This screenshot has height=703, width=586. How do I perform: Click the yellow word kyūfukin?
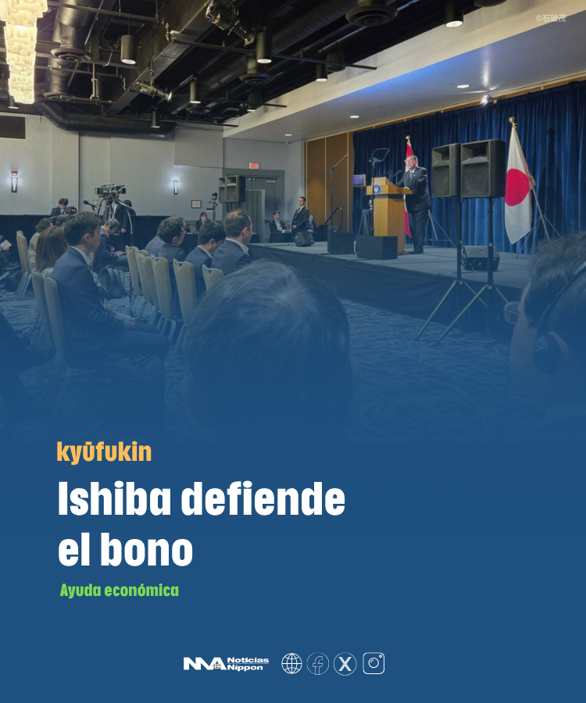(104, 452)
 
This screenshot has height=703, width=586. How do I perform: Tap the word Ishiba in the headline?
(114, 498)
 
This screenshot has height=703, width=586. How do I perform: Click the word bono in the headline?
(146, 549)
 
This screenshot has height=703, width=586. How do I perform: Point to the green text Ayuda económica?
(120, 590)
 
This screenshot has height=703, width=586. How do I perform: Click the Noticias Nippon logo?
(226, 663)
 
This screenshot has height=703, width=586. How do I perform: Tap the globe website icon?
(291, 663)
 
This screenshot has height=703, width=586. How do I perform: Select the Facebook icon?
(318, 663)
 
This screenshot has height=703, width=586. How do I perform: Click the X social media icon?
(345, 663)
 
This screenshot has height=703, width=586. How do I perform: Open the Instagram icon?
(373, 663)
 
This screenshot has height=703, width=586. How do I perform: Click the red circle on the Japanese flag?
(517, 187)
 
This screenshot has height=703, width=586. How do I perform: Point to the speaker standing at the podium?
(416, 203)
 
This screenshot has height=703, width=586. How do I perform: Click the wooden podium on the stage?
(388, 213)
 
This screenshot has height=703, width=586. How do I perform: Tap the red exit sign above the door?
(254, 166)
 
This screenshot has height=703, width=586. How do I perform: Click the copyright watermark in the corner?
(551, 19)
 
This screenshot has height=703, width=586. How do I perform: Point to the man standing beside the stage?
(300, 216)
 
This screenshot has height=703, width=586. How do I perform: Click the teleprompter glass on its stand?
(379, 155)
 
